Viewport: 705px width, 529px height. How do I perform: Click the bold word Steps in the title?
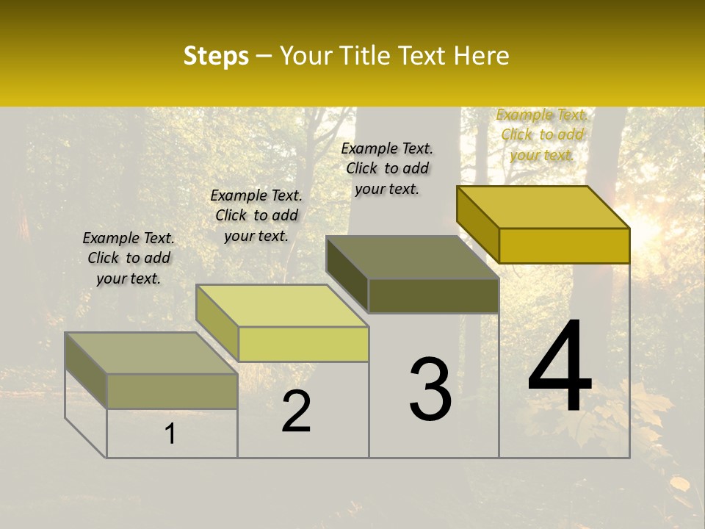(216, 56)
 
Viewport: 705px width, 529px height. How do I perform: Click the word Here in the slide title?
(482, 56)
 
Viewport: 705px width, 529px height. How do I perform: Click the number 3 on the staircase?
(430, 389)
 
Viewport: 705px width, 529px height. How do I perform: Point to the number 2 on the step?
(297, 411)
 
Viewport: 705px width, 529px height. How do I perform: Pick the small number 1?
(170, 434)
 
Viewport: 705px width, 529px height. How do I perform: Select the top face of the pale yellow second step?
(282, 306)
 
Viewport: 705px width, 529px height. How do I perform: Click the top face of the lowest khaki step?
(151, 353)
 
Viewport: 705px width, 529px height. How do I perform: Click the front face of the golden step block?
(564, 245)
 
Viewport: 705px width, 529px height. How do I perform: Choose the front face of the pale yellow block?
(303, 344)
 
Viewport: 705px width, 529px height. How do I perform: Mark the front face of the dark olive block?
(433, 295)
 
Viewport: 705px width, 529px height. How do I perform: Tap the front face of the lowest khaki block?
(172, 391)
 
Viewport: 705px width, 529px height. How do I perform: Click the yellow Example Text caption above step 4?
(542, 134)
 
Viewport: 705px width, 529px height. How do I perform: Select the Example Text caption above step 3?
(387, 168)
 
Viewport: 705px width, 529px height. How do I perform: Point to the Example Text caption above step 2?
(256, 215)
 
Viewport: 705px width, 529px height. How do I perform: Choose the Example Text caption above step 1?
(129, 258)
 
